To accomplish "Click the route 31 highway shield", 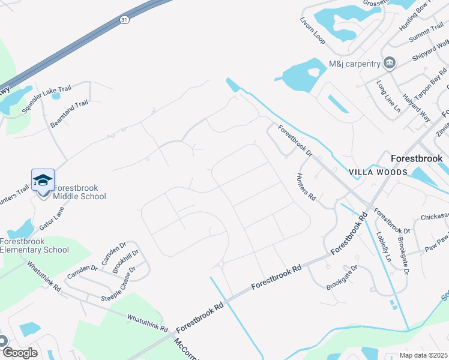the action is coord(124,19).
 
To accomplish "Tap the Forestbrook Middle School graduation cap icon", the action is coord(43,180).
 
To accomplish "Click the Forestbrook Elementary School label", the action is coord(34,246).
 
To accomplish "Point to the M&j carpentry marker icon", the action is coord(390,63).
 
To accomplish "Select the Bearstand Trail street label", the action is coord(69,113).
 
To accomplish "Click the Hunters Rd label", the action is coord(306,186).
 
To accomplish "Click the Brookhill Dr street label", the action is coord(125,262).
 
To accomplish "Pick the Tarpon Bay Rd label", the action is coord(430,77).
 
